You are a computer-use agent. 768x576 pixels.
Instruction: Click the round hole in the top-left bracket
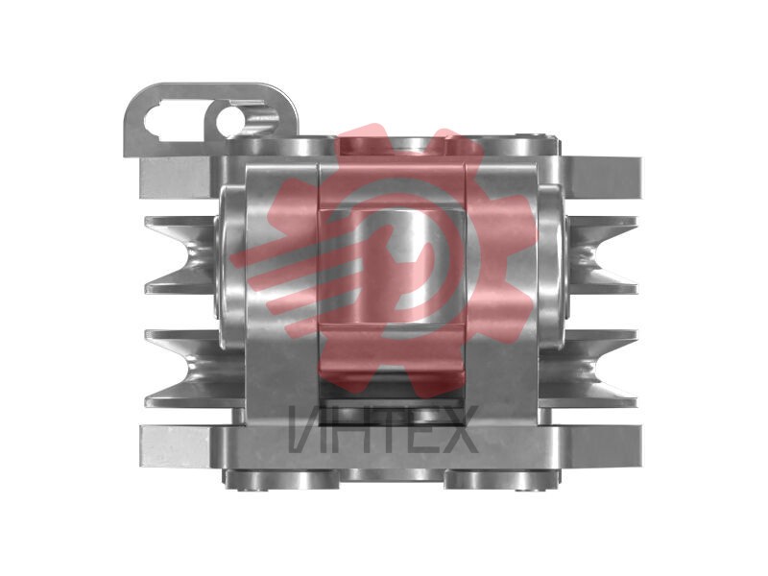[x=229, y=121]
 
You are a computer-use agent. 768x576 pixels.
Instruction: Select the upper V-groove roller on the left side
[x=180, y=255]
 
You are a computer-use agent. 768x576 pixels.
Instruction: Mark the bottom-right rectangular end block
[x=604, y=445]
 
